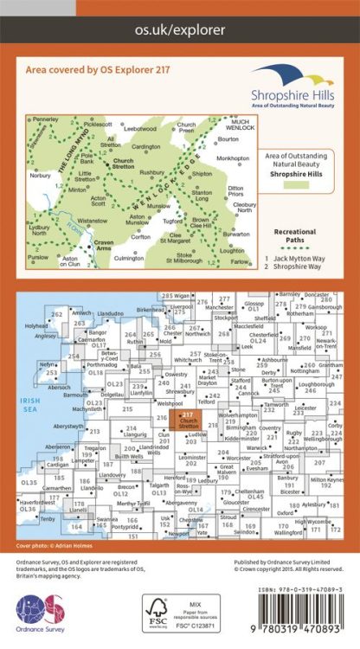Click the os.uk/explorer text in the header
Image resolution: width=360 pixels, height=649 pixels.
point(180,29)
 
